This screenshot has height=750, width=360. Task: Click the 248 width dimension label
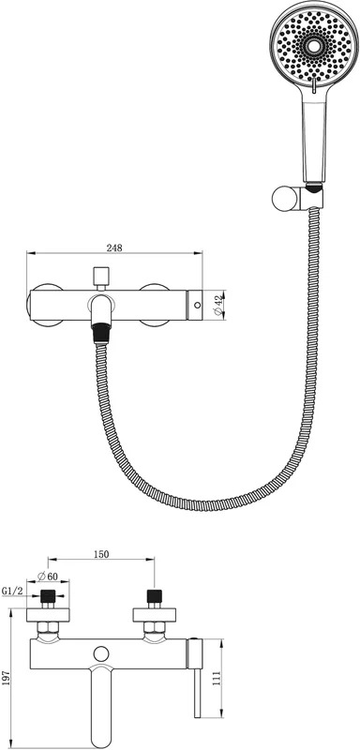click(114, 247)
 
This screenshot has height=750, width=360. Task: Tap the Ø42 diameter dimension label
click(218, 306)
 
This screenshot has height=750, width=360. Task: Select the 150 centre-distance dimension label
click(101, 554)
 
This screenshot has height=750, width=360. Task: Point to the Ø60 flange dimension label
click(47, 576)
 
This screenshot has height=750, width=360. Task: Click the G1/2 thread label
click(12, 591)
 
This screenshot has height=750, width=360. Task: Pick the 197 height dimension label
click(7, 678)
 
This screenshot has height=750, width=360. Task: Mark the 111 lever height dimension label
click(217, 678)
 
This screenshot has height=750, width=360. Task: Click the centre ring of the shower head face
click(314, 46)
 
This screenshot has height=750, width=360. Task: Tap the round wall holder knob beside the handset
click(282, 199)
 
